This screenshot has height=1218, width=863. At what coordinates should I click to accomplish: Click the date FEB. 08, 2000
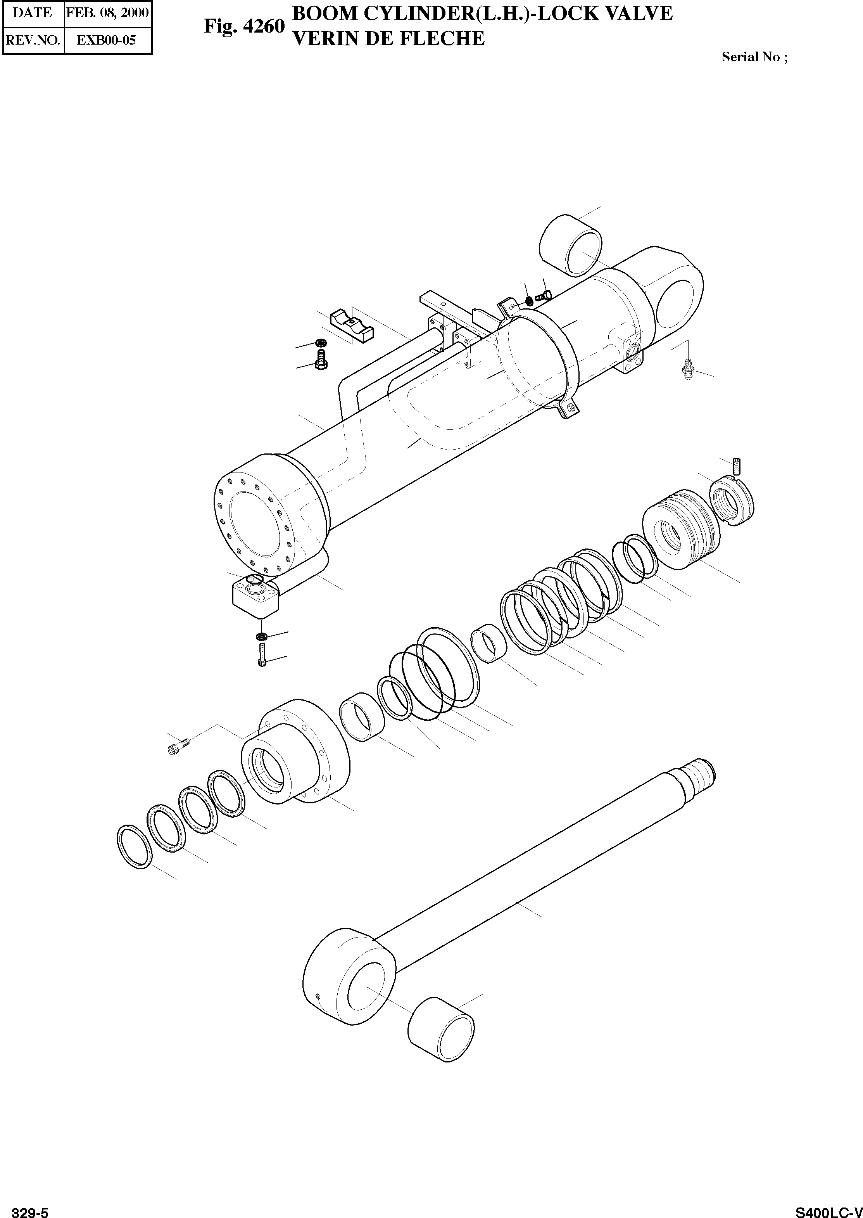[x=107, y=12]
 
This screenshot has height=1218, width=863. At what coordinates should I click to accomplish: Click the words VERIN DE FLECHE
[x=388, y=38]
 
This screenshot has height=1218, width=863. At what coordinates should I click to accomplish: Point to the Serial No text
[x=754, y=57]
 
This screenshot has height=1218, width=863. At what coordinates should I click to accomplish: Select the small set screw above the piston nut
[x=737, y=466]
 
